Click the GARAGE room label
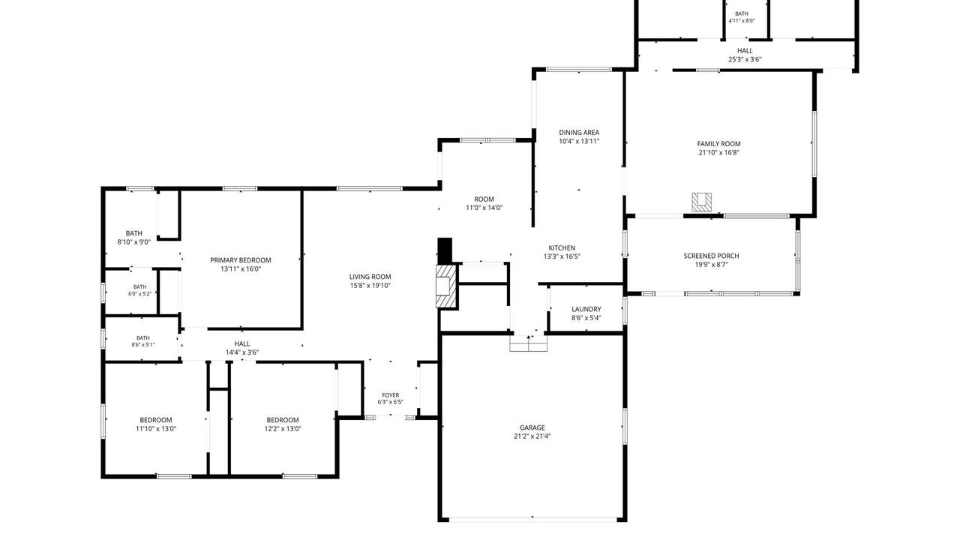click(x=532, y=427)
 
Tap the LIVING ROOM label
click(x=370, y=277)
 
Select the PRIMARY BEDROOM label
click(x=241, y=260)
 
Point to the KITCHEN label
click(x=562, y=248)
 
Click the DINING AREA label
click(x=579, y=133)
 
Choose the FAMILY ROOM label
click(x=718, y=144)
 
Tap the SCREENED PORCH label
click(x=712, y=256)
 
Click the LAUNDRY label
click(x=586, y=309)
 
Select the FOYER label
click(x=391, y=395)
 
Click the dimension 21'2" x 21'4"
click(x=532, y=436)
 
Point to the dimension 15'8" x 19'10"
click(x=370, y=286)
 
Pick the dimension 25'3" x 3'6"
click(x=745, y=59)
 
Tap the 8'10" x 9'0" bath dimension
click(x=133, y=242)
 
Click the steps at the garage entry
click(x=528, y=343)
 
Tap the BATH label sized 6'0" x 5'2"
click(x=139, y=287)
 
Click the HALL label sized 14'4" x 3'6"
click(x=242, y=343)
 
